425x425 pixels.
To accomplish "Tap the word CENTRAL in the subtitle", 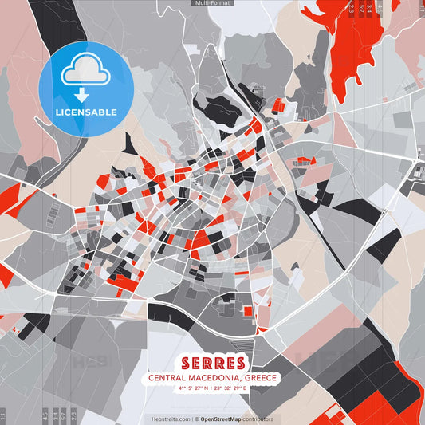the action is pos(164,379).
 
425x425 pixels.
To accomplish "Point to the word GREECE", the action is pos(260,379).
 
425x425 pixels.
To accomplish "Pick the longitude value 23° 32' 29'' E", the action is pos(236,389).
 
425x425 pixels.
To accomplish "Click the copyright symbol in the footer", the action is pos(196,419).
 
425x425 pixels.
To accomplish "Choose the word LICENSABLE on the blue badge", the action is pos(86,112).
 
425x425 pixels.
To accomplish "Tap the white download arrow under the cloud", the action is pos(82,95).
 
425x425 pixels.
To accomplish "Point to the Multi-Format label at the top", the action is pos(212,3).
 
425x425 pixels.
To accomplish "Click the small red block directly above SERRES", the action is pos(247,311).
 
